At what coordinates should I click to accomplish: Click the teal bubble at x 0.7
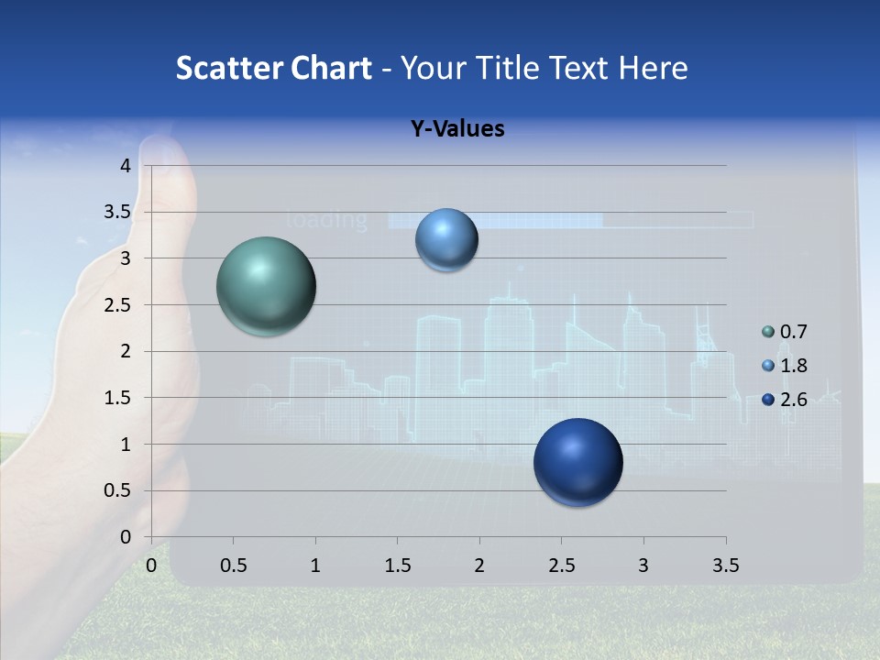[x=267, y=286]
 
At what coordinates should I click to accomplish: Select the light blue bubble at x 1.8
[x=446, y=240]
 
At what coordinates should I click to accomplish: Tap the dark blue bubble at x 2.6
[x=577, y=462]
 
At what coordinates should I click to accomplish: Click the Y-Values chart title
[x=457, y=129]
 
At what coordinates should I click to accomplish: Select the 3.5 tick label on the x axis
[x=725, y=566]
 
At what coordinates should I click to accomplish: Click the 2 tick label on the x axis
[x=479, y=566]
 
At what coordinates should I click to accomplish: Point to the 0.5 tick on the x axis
[x=234, y=566]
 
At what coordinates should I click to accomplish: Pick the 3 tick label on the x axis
[x=643, y=566]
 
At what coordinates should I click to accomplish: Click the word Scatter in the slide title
[x=225, y=68]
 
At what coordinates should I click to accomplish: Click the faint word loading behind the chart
[x=327, y=220]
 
